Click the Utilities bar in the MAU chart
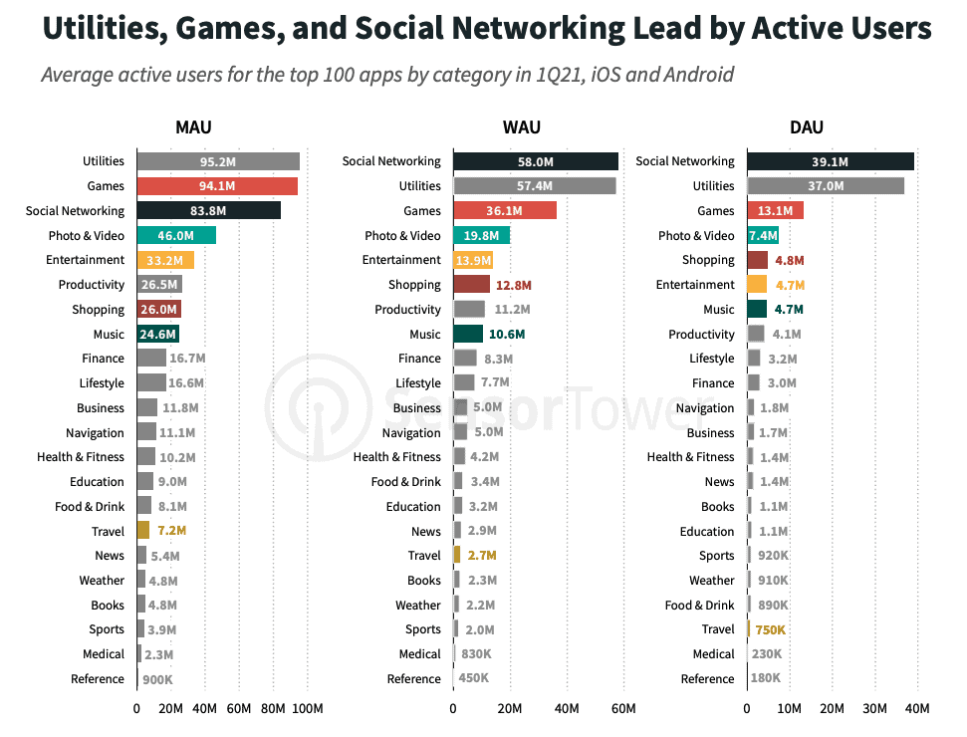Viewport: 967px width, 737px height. (x=217, y=161)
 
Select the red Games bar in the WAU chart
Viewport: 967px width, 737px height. (x=504, y=211)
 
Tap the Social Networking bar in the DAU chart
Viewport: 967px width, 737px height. (x=830, y=161)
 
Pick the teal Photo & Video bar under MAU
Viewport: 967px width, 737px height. (x=175, y=235)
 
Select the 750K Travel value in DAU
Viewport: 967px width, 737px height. (x=770, y=629)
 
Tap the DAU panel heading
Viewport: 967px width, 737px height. (x=806, y=127)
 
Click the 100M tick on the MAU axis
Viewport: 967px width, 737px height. (x=307, y=709)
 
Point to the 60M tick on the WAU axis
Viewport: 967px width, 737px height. (x=623, y=709)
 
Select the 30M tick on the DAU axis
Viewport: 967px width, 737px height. (x=874, y=709)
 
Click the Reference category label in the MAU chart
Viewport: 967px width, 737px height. (x=98, y=679)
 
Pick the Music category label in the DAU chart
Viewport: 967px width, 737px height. (x=718, y=310)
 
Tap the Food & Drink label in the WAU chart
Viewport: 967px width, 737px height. (x=405, y=482)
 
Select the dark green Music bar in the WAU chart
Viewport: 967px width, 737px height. (x=468, y=335)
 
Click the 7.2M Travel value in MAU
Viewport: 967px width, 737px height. (x=171, y=531)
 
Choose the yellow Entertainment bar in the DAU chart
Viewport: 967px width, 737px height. (x=757, y=285)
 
